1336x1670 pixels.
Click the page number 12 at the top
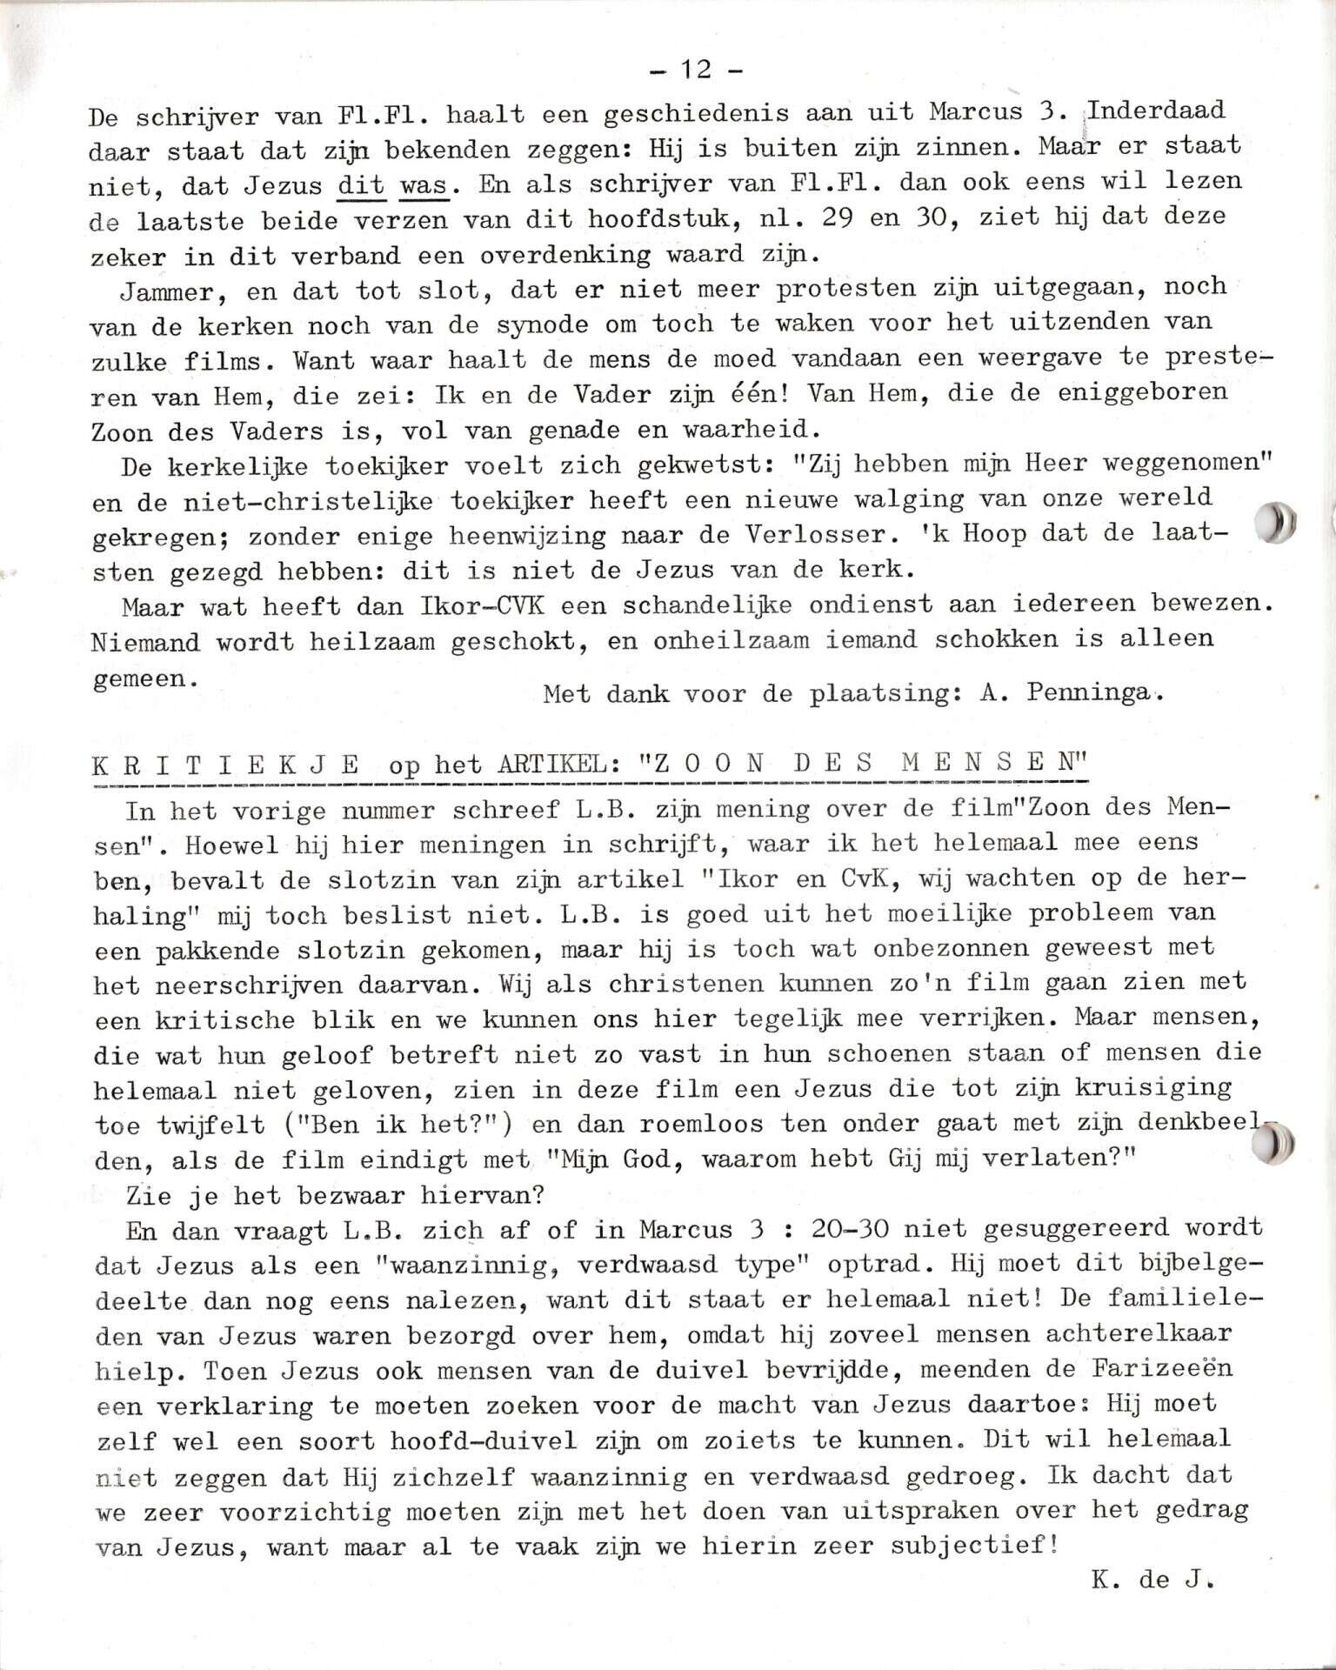[x=696, y=70]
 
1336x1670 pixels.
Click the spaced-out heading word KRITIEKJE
[x=225, y=765]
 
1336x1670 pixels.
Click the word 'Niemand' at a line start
[x=144, y=642]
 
